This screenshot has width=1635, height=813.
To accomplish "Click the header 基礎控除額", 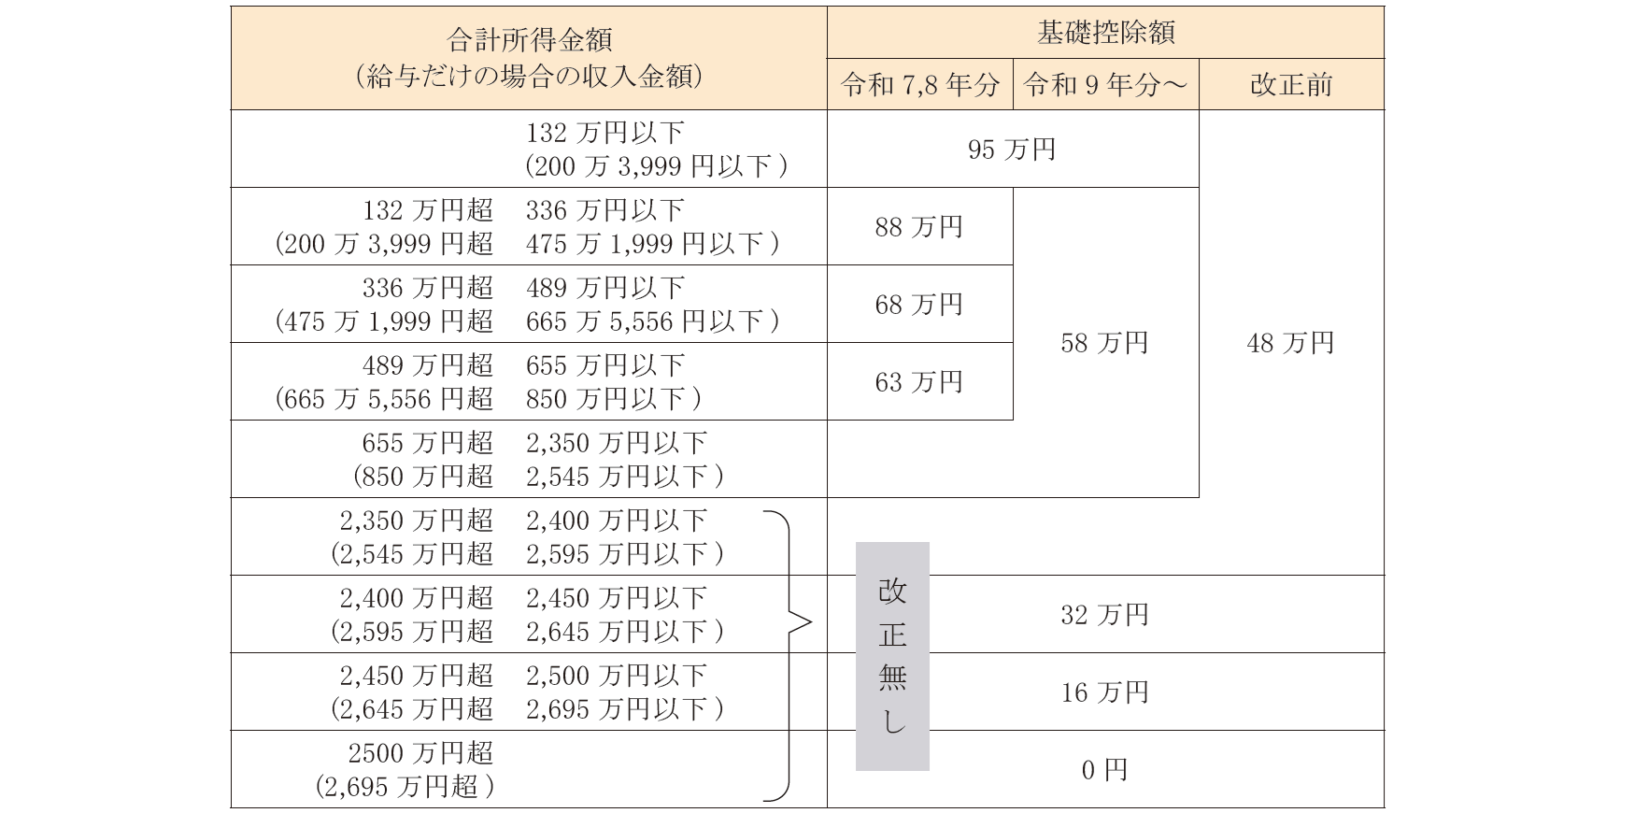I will click(1105, 33).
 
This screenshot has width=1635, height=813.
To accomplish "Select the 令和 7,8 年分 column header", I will click(919, 85).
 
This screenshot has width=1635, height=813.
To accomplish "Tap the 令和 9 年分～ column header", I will click(1105, 85).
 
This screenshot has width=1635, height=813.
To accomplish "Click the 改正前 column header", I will click(1290, 85).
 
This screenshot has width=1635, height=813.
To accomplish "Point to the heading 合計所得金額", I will click(529, 40).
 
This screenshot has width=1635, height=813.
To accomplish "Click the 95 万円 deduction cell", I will click(1012, 150).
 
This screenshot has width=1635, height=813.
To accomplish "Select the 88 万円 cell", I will click(919, 227).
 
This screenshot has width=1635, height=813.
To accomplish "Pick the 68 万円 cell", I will click(919, 305).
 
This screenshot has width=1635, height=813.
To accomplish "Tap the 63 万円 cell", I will click(919, 382).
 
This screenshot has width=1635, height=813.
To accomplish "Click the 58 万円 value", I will click(1104, 343).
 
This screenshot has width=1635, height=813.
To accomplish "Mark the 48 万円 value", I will click(1290, 343).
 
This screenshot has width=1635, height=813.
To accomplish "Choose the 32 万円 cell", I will click(1104, 615).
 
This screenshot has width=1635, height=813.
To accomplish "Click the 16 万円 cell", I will click(1104, 692).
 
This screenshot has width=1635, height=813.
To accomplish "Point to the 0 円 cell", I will click(1104, 770).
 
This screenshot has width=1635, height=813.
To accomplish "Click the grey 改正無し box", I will click(892, 656).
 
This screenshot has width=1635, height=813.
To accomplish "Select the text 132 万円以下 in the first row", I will click(604, 133).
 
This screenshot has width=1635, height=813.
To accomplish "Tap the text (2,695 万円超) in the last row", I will click(405, 787).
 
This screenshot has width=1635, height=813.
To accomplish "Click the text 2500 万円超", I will click(420, 753).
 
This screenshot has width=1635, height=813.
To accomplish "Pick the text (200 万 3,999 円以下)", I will click(656, 166).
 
